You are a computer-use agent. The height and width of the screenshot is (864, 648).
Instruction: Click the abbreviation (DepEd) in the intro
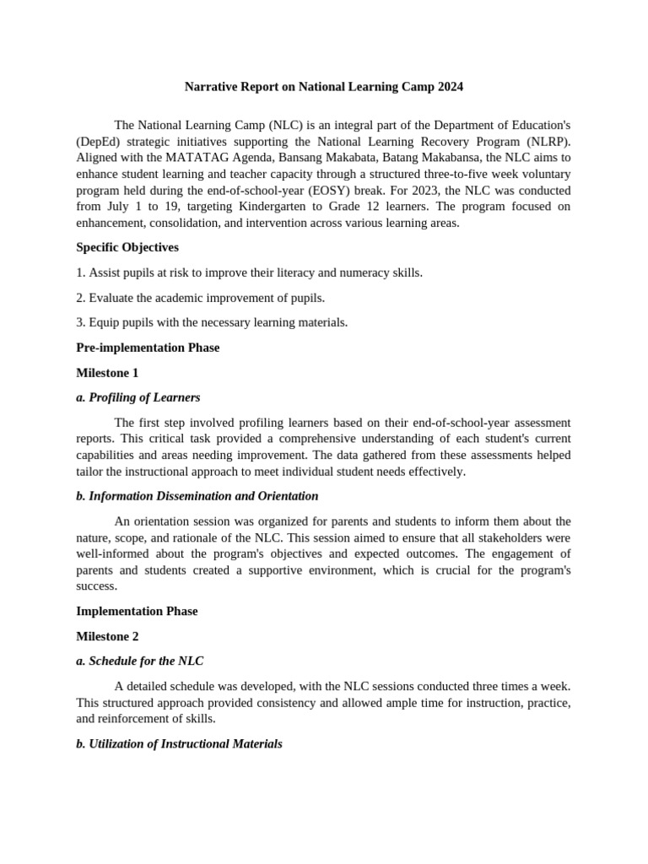[98, 141]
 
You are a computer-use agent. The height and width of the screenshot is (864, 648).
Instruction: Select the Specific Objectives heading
[127, 247]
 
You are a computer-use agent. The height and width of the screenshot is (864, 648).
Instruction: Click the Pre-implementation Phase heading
[148, 348]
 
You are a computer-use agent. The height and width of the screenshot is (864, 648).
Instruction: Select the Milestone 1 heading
[107, 372]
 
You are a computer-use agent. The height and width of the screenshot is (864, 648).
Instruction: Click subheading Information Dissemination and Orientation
[197, 496]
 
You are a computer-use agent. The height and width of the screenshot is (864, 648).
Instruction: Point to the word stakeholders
[516, 537]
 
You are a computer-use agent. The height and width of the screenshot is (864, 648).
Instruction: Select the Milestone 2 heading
[107, 636]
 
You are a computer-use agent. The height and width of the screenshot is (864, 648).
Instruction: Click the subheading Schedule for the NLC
[139, 661]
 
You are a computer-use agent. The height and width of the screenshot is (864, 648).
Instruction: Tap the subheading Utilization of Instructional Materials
[179, 744]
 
